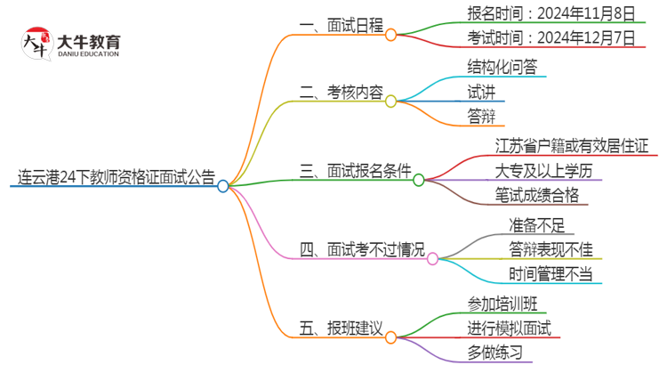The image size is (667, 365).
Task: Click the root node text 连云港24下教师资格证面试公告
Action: (x=117, y=177)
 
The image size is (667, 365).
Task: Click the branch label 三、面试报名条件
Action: (x=353, y=169)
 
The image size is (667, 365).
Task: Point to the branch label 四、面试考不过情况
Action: (x=362, y=248)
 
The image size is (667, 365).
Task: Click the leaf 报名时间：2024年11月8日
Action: (x=551, y=12)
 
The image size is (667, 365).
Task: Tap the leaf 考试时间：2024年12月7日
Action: (x=551, y=37)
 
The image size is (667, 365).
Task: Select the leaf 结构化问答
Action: (x=502, y=67)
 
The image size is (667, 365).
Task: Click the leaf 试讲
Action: (x=481, y=91)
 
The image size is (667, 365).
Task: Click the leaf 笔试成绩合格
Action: (x=536, y=195)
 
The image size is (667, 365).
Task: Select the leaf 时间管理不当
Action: (x=550, y=274)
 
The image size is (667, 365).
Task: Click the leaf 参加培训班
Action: (x=502, y=303)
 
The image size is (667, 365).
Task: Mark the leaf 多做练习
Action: (x=494, y=353)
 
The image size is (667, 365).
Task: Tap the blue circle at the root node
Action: (x=223, y=186)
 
